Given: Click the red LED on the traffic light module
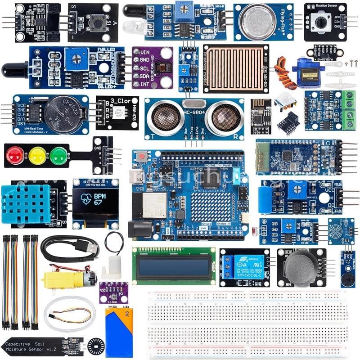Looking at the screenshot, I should click(x=14, y=155).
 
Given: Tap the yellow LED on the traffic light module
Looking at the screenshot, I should click(x=37, y=156).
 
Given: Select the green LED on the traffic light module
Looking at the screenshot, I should click(x=59, y=156).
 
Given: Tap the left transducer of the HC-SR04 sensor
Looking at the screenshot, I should click(x=166, y=117).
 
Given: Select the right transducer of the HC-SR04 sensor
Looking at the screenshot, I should click(x=225, y=117).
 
